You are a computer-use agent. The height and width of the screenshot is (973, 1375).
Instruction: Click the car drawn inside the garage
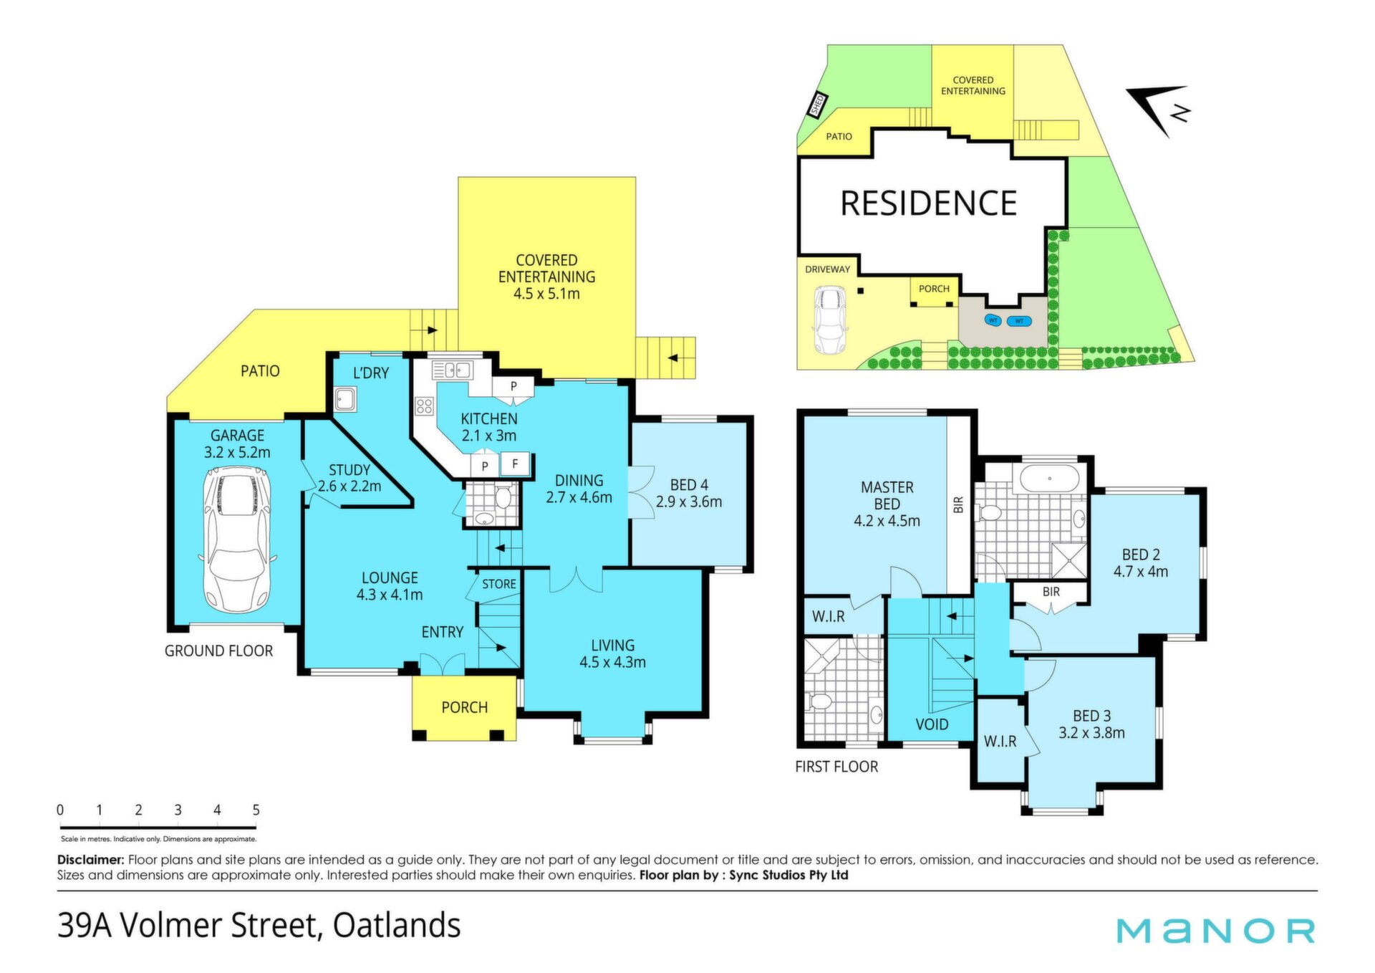coord(237,539)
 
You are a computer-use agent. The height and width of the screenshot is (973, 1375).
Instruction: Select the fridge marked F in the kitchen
coord(515,464)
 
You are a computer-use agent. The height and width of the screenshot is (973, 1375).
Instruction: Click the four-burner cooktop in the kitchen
coord(424,407)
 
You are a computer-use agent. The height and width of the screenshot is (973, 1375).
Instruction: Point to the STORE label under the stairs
coord(499,584)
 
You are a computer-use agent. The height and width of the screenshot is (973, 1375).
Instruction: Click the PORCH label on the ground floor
coord(465,707)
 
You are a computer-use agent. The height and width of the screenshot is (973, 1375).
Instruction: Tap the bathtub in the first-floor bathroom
coord(1049,479)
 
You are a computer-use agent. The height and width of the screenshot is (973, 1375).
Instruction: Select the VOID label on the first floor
coord(932,724)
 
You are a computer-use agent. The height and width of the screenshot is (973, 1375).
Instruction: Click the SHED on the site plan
coord(817,105)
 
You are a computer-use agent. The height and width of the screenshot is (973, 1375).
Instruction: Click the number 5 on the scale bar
coord(256,810)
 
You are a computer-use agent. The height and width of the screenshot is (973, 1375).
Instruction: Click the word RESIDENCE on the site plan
coord(929,203)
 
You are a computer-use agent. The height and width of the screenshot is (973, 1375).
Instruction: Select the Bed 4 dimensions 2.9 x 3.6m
coord(689,502)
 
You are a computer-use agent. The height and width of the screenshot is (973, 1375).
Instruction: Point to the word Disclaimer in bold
coord(91,860)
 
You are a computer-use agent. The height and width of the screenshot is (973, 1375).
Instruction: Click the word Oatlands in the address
coord(397,925)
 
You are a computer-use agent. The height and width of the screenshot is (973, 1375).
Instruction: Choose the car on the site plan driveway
coord(829,320)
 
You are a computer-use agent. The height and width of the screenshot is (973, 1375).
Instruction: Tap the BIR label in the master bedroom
coord(959,505)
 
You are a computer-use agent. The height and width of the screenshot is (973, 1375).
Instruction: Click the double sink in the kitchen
coord(452,370)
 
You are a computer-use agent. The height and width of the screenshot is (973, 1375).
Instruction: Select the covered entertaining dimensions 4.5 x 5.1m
coord(546,294)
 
